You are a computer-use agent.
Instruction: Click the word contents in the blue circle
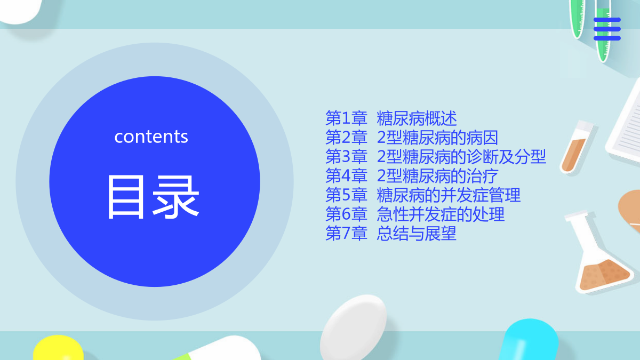point(151,137)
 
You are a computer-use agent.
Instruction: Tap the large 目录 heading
point(153,197)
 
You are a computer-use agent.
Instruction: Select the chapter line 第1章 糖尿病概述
point(391,118)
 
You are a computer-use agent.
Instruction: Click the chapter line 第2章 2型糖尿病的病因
point(412,138)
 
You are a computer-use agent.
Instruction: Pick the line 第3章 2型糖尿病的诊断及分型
point(436,157)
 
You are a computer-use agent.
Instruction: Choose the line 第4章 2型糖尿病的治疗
point(412,175)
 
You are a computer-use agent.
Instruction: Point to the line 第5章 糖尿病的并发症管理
point(423,195)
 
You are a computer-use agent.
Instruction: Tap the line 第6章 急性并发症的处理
point(415,214)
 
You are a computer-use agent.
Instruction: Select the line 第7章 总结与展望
point(391,233)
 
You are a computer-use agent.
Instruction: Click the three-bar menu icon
point(607,29)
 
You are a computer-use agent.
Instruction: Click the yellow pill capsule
point(58,348)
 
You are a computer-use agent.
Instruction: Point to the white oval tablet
point(354,327)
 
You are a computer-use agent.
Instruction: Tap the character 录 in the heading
point(175,197)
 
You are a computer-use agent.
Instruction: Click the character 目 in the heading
point(126,197)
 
